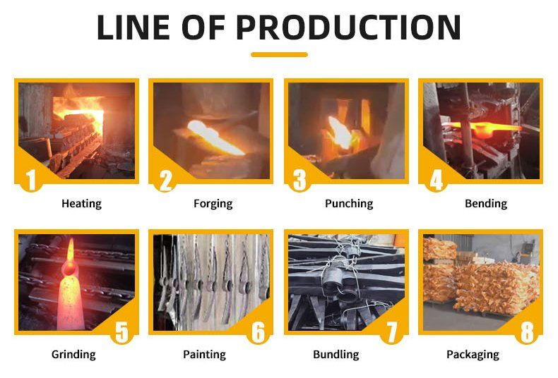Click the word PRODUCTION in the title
pos(349,28)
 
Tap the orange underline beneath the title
pos(280,55)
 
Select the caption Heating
pos(81,204)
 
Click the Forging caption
pos(213,204)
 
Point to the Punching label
pos(349,204)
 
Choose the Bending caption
pos(486,204)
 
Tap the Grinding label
pos(73,355)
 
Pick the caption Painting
pos(205,355)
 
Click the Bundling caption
pos(336,355)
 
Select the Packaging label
pos(473,355)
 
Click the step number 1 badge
pos(31,180)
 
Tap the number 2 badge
pos(166,180)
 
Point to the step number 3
pos(299,180)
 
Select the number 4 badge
pos(437,180)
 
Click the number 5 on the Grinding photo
pos(121,332)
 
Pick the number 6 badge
pos(259,332)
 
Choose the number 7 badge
pos(392,332)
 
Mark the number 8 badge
pos(527,332)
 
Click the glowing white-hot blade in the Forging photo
pos(213,137)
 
